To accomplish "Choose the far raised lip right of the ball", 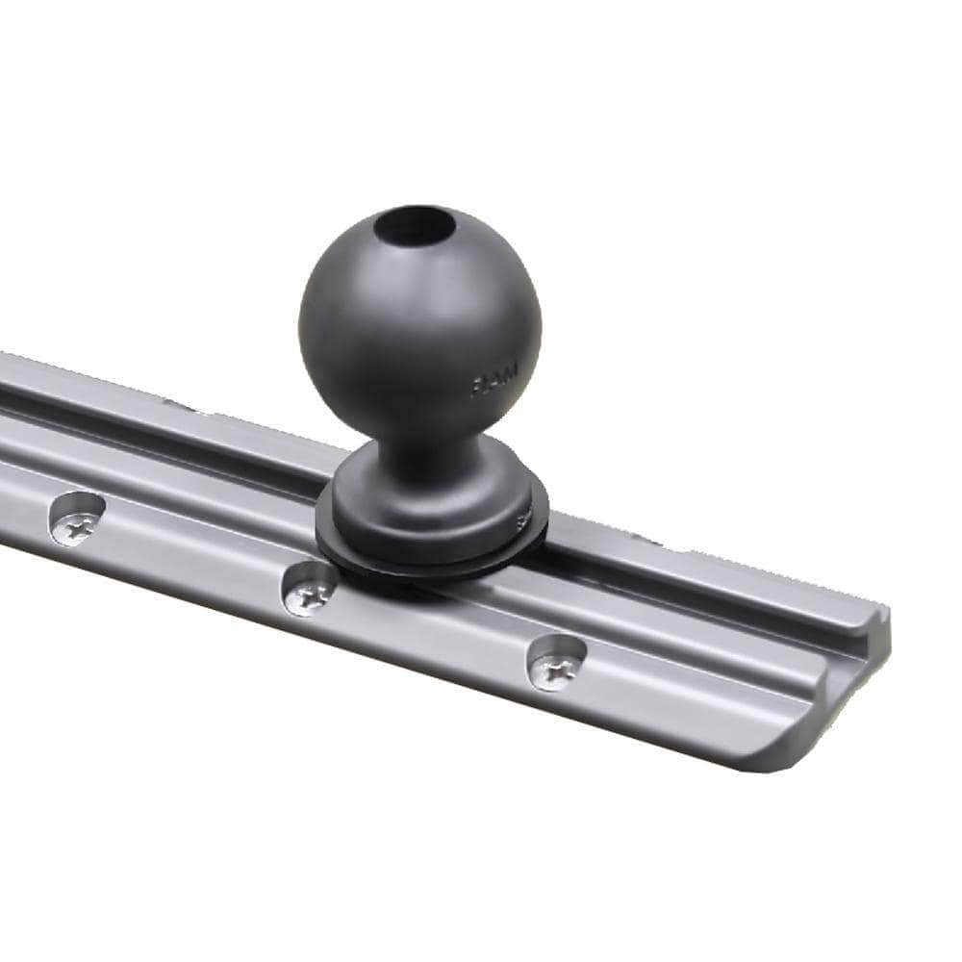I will pos(731,577).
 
